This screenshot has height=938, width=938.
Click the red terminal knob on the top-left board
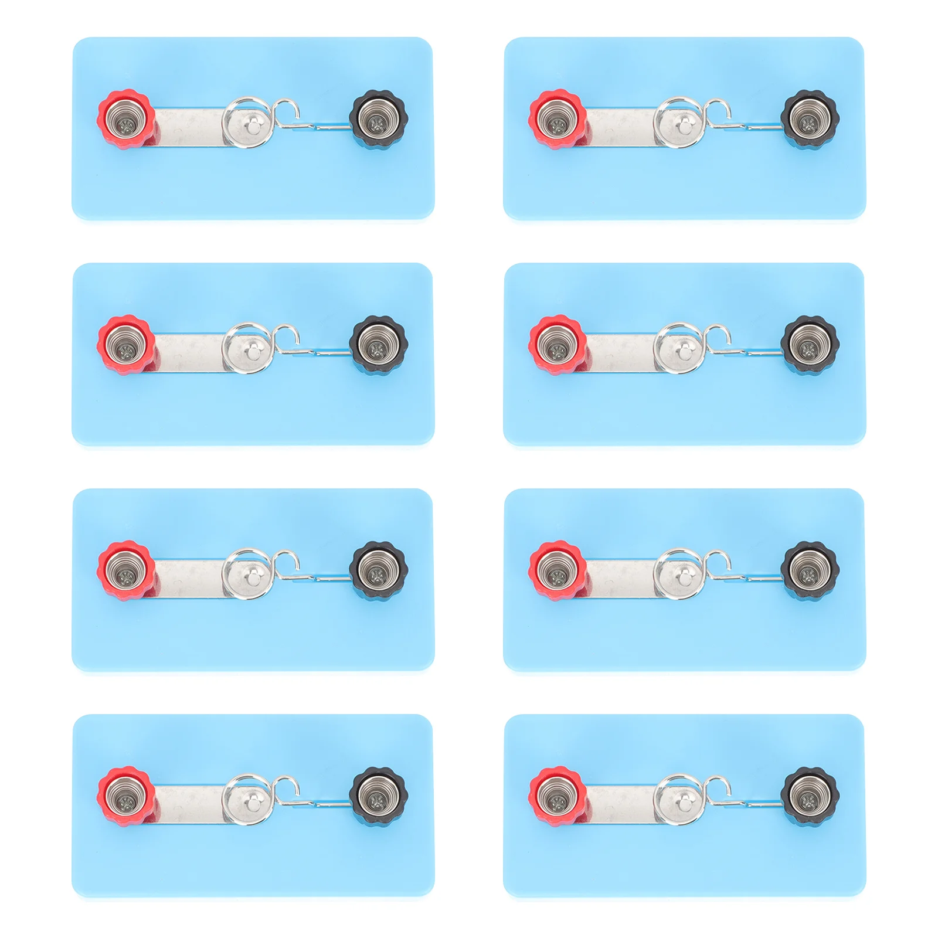[126, 119]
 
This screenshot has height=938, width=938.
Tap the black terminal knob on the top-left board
[378, 119]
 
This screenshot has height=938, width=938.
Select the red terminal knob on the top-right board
[558, 119]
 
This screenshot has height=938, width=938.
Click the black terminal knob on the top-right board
[809, 119]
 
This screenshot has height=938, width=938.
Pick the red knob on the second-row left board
[126, 345]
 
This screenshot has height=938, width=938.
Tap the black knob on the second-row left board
[378, 345]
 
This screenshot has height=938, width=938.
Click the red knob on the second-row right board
[558, 345]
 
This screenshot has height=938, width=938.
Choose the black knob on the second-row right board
[809, 345]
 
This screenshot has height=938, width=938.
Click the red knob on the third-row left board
[126, 570]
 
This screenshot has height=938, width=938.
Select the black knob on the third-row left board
[378, 570]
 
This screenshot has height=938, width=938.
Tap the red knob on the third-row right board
[558, 570]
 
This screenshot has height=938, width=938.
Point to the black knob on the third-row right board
[809, 570]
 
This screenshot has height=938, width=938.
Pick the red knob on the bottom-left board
[126, 796]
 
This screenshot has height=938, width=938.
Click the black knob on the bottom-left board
[378, 796]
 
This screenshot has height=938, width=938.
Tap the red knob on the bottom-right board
[558, 796]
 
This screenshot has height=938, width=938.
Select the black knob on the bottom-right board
[809, 796]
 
